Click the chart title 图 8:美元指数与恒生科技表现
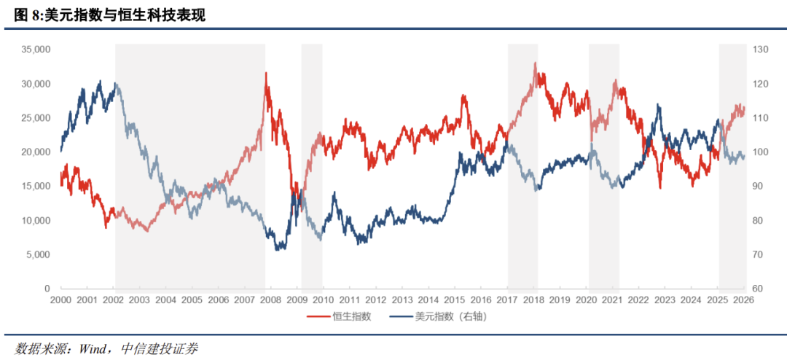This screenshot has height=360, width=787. coord(110,15)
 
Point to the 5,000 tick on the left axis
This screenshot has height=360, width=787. coord(37,254)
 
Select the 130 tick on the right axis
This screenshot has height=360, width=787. coord(761,50)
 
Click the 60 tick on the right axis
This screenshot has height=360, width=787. coord(759,289)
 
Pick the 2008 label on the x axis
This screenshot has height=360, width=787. coord(271,300)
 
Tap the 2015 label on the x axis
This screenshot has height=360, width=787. coord(455,300)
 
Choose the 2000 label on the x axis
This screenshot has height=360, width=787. coord(60,300)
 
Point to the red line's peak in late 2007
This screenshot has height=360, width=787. coord(265,73)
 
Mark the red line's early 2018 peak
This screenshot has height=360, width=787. coord(535,63)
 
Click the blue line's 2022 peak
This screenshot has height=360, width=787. coord(659,105)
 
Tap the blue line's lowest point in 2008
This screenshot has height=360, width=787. coord(277,249)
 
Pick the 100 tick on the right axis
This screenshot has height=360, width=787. coord(761,152)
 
